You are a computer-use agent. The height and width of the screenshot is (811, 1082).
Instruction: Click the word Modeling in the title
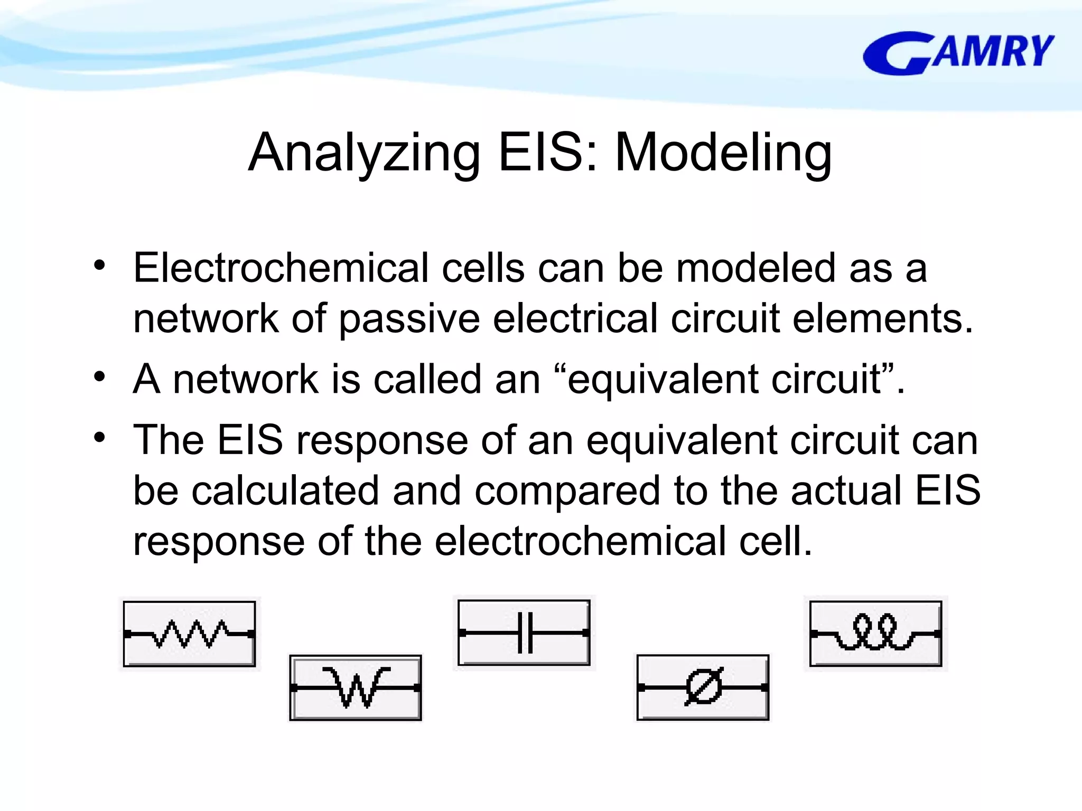click(723, 153)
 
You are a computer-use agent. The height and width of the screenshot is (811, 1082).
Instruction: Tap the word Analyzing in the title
click(365, 153)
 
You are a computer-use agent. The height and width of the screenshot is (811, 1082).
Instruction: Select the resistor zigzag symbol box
click(190, 634)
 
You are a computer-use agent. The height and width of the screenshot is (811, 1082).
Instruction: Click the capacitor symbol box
click(524, 633)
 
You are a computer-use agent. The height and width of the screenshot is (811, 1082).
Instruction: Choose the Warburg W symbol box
click(356, 687)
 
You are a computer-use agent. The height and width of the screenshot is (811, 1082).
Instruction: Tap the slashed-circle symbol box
click(703, 687)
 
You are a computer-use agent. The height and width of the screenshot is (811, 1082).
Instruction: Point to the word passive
click(409, 319)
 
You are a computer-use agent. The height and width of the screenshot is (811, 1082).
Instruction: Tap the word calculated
click(285, 491)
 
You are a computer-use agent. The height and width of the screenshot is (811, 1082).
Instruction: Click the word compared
click(567, 491)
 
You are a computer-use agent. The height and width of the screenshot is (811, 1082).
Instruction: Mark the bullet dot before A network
click(99, 378)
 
